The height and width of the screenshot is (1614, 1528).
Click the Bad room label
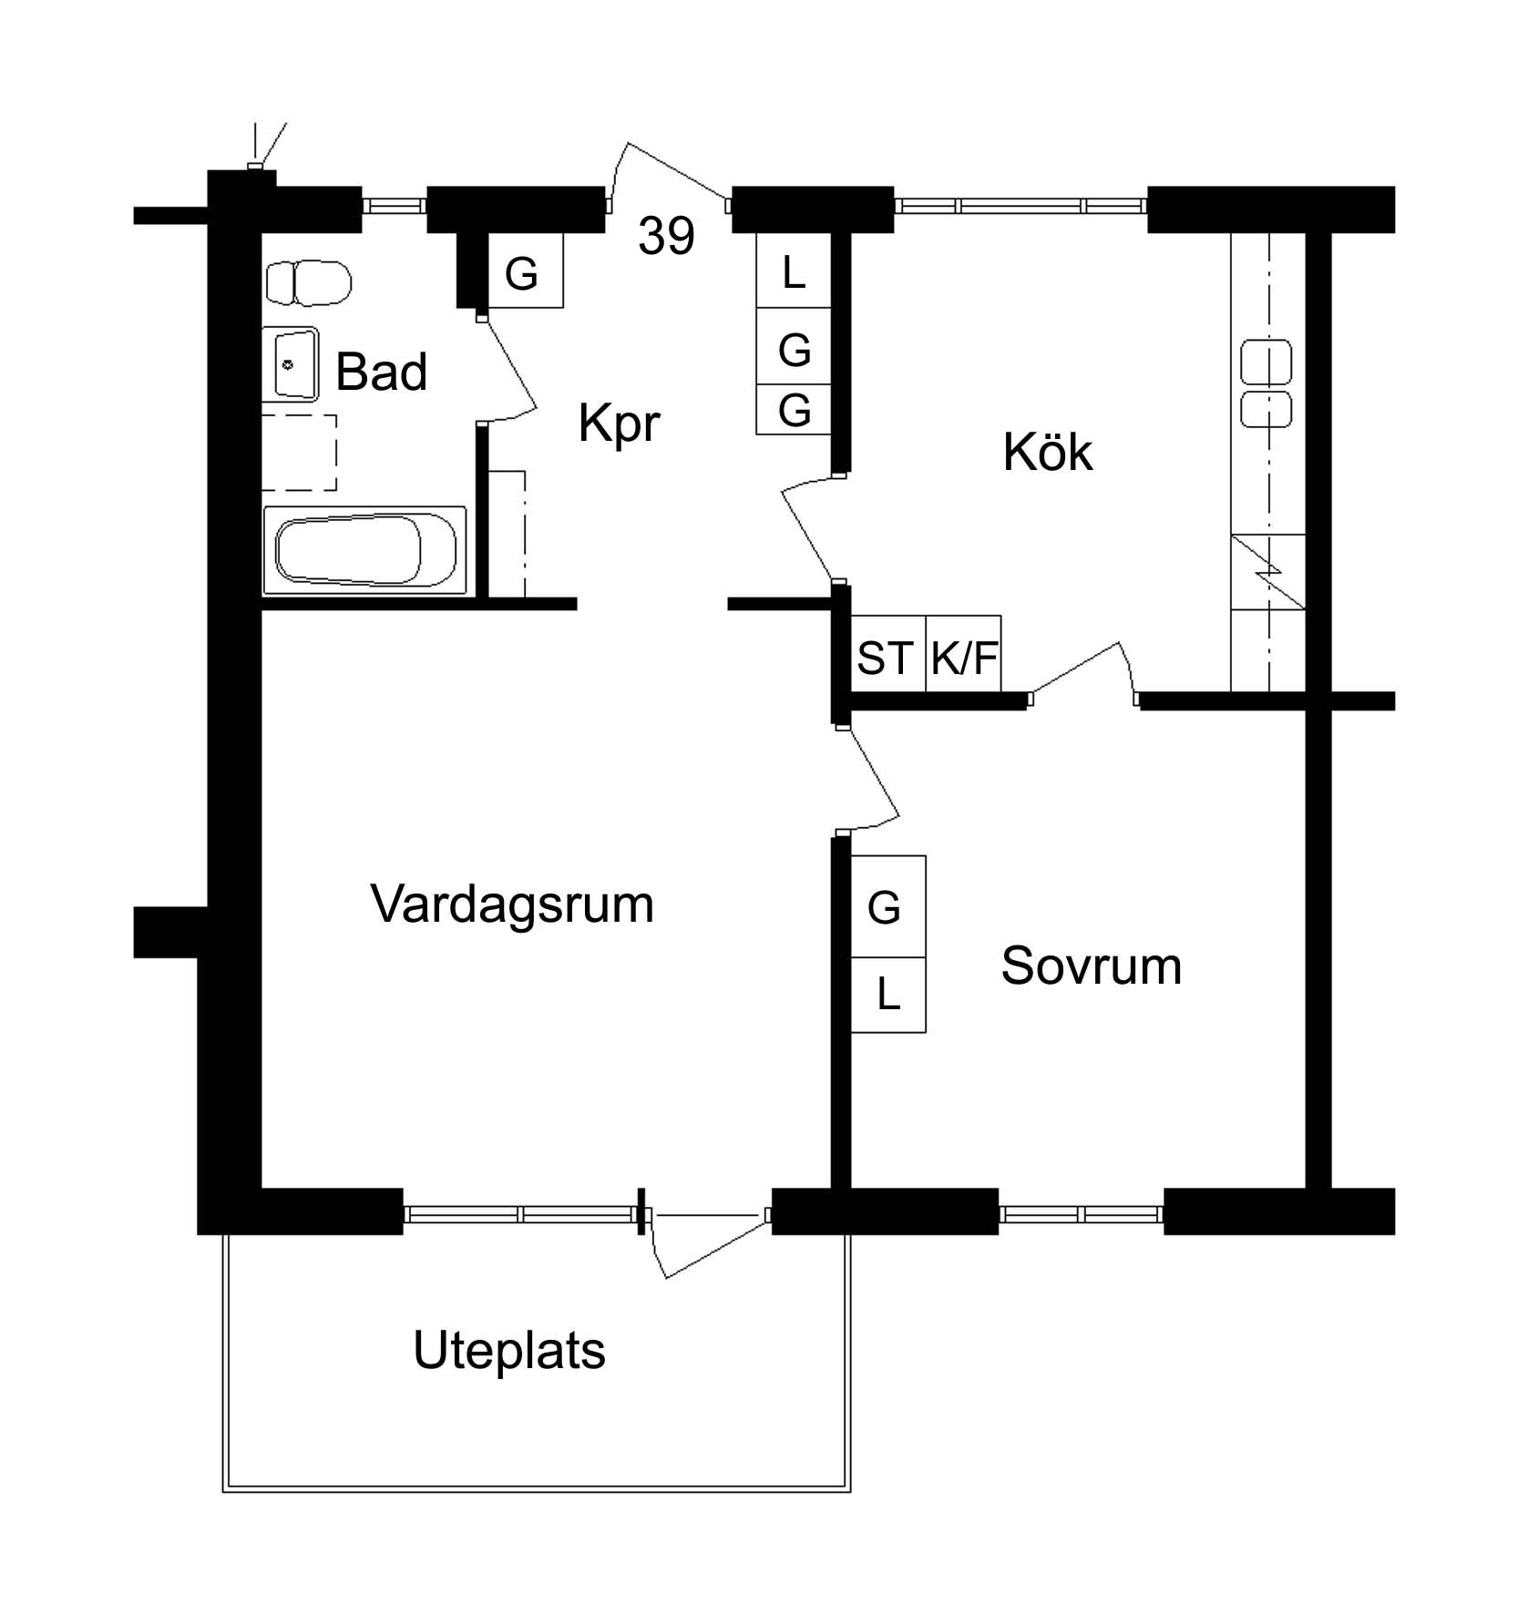coord(381,373)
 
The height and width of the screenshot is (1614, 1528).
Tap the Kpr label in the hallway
coord(619,424)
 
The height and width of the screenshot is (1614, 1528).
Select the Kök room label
coord(1047,452)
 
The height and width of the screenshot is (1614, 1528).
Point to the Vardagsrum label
coord(512,905)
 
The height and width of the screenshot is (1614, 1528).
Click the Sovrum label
coord(1091,965)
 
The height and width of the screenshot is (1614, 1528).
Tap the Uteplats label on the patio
coord(508,1350)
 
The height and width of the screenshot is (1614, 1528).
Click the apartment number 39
coord(666,236)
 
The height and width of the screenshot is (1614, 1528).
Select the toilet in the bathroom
coord(309,283)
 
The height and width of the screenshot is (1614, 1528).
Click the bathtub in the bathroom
coord(365,550)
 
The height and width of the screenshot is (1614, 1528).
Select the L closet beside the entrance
coord(794,271)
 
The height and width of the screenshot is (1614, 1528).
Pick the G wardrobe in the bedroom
coord(888,906)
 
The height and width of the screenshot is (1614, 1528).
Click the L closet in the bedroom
coord(888,995)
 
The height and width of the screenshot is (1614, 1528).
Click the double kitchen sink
coord(1266,383)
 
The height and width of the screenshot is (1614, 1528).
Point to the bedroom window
coord(1082,1213)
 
